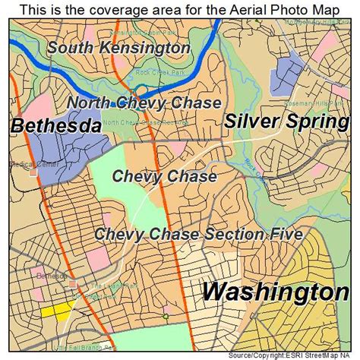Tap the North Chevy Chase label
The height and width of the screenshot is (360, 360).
click(x=144, y=103)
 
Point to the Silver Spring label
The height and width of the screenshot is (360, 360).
click(x=286, y=121)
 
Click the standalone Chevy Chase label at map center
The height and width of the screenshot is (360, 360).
click(x=164, y=176)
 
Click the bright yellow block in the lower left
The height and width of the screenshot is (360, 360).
click(x=56, y=311)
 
